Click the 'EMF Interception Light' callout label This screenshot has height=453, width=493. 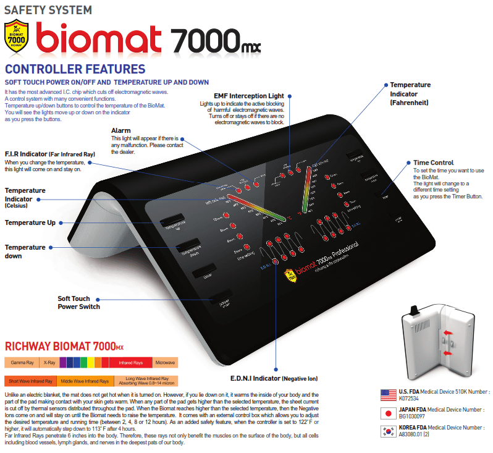tap(248, 96)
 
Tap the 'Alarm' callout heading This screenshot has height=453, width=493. tap(120, 130)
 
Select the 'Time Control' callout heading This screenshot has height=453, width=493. tap(433, 163)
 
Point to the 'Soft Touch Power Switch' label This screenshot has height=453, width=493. tap(78, 303)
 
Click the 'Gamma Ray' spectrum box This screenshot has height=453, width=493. tap(22, 362)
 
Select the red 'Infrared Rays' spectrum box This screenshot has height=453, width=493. tap(130, 362)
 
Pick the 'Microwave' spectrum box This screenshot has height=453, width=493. tap(165, 362)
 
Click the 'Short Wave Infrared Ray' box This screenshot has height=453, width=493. tap(30, 381)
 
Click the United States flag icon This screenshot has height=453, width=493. tap(389, 394)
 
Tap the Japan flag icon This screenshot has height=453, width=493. tap(389, 413)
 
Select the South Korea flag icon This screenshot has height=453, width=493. tap(389, 431)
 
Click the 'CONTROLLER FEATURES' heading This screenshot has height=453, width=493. tap(75, 69)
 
